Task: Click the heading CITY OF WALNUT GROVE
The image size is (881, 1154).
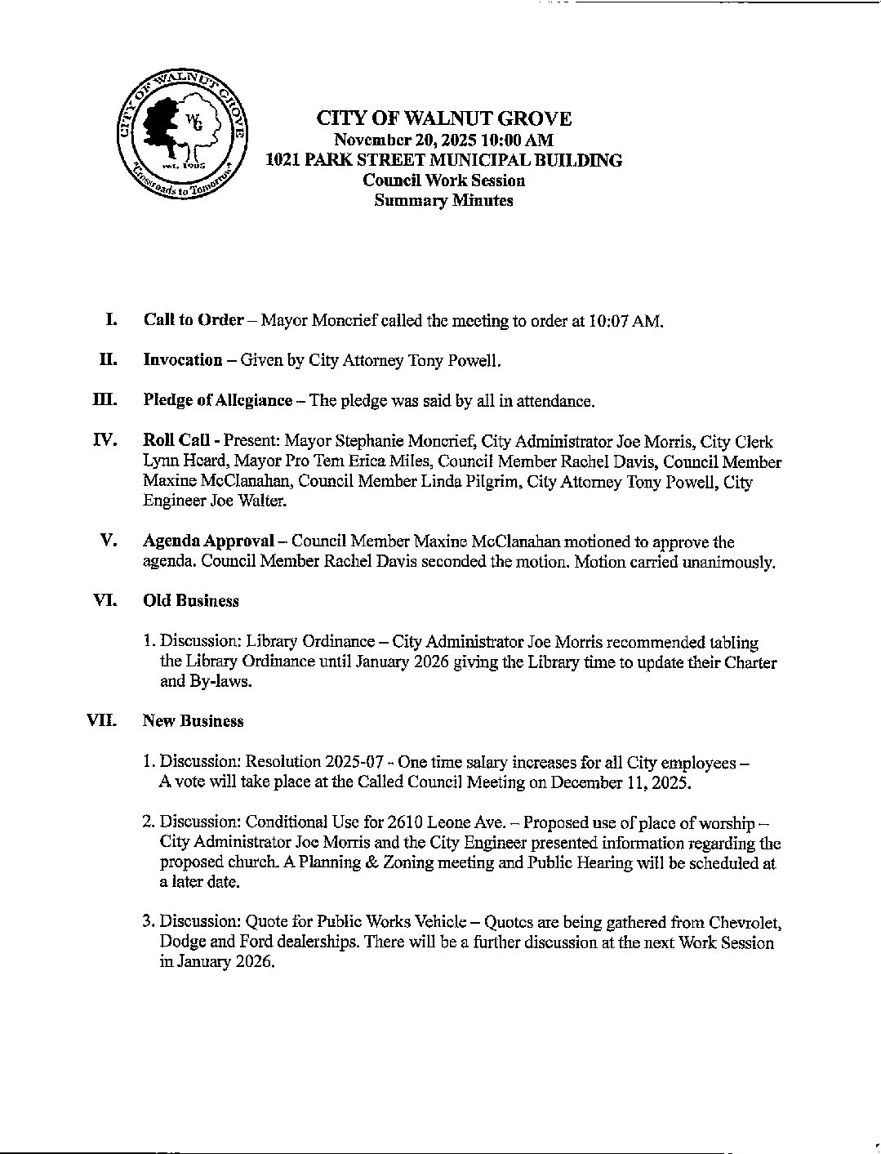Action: [x=443, y=119]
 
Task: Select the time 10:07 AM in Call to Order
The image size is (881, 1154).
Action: [x=624, y=321]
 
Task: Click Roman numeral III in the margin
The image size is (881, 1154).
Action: [x=105, y=400]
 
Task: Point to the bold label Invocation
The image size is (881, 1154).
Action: [x=182, y=360]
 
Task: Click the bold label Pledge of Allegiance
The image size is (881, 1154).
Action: [x=217, y=400]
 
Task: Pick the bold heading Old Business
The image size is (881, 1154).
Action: [x=190, y=601]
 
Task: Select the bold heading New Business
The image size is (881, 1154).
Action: [x=193, y=721]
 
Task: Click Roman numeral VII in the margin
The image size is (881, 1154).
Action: [x=102, y=721]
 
